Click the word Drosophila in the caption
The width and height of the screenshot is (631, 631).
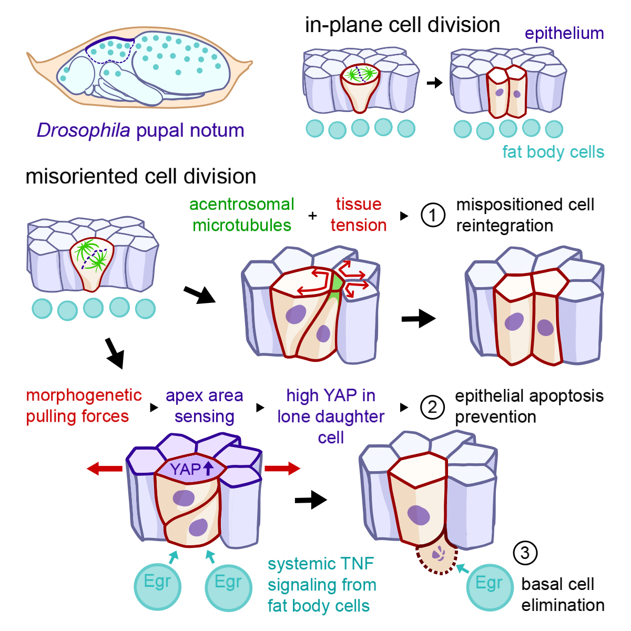pyautogui.click(x=83, y=130)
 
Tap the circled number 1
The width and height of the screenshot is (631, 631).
pyautogui.click(x=433, y=215)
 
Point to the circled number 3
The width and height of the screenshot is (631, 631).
pyautogui.click(x=524, y=553)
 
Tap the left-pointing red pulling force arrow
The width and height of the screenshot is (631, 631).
pyautogui.click(x=105, y=468)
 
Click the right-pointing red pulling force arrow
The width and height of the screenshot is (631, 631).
pyautogui.click(x=282, y=468)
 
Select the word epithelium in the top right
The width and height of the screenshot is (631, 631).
pyautogui.click(x=564, y=34)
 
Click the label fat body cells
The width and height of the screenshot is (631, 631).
pyautogui.click(x=553, y=152)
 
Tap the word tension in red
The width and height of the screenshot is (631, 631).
pyautogui.click(x=358, y=225)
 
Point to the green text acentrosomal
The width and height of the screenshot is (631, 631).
pyautogui.click(x=241, y=204)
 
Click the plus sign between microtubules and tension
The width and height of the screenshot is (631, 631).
pyautogui.click(x=312, y=215)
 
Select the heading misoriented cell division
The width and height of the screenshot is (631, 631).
pyautogui.click(x=140, y=176)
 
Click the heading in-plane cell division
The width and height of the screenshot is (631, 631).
pyautogui.click(x=402, y=25)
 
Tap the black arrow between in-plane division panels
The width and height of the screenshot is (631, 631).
pyautogui.click(x=434, y=83)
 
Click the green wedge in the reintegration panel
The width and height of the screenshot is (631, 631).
pyautogui.click(x=335, y=285)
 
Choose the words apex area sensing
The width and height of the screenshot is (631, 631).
pyautogui.click(x=204, y=406)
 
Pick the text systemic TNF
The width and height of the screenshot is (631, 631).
pyautogui.click(x=320, y=564)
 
